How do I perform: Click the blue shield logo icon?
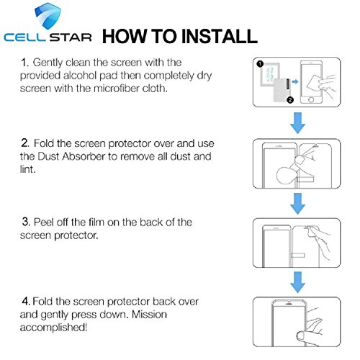coord(48,16)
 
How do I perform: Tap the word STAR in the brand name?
coord(71,37)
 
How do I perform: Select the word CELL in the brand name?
coord(24,37)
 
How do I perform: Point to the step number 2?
coord(24,143)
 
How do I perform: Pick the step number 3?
coord(25,222)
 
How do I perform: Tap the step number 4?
coord(26,301)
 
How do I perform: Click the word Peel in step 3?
coord(44,222)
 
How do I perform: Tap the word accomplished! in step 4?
coord(53,328)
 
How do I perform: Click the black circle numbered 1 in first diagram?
coord(260,64)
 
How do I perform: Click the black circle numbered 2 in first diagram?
coord(290,99)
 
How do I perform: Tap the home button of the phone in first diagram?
coord(311,99)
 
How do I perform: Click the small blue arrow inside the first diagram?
coord(295,81)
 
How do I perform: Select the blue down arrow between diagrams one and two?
coord(297,123)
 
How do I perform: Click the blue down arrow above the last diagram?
coord(297,282)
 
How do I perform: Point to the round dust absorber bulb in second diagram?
coord(285,175)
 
